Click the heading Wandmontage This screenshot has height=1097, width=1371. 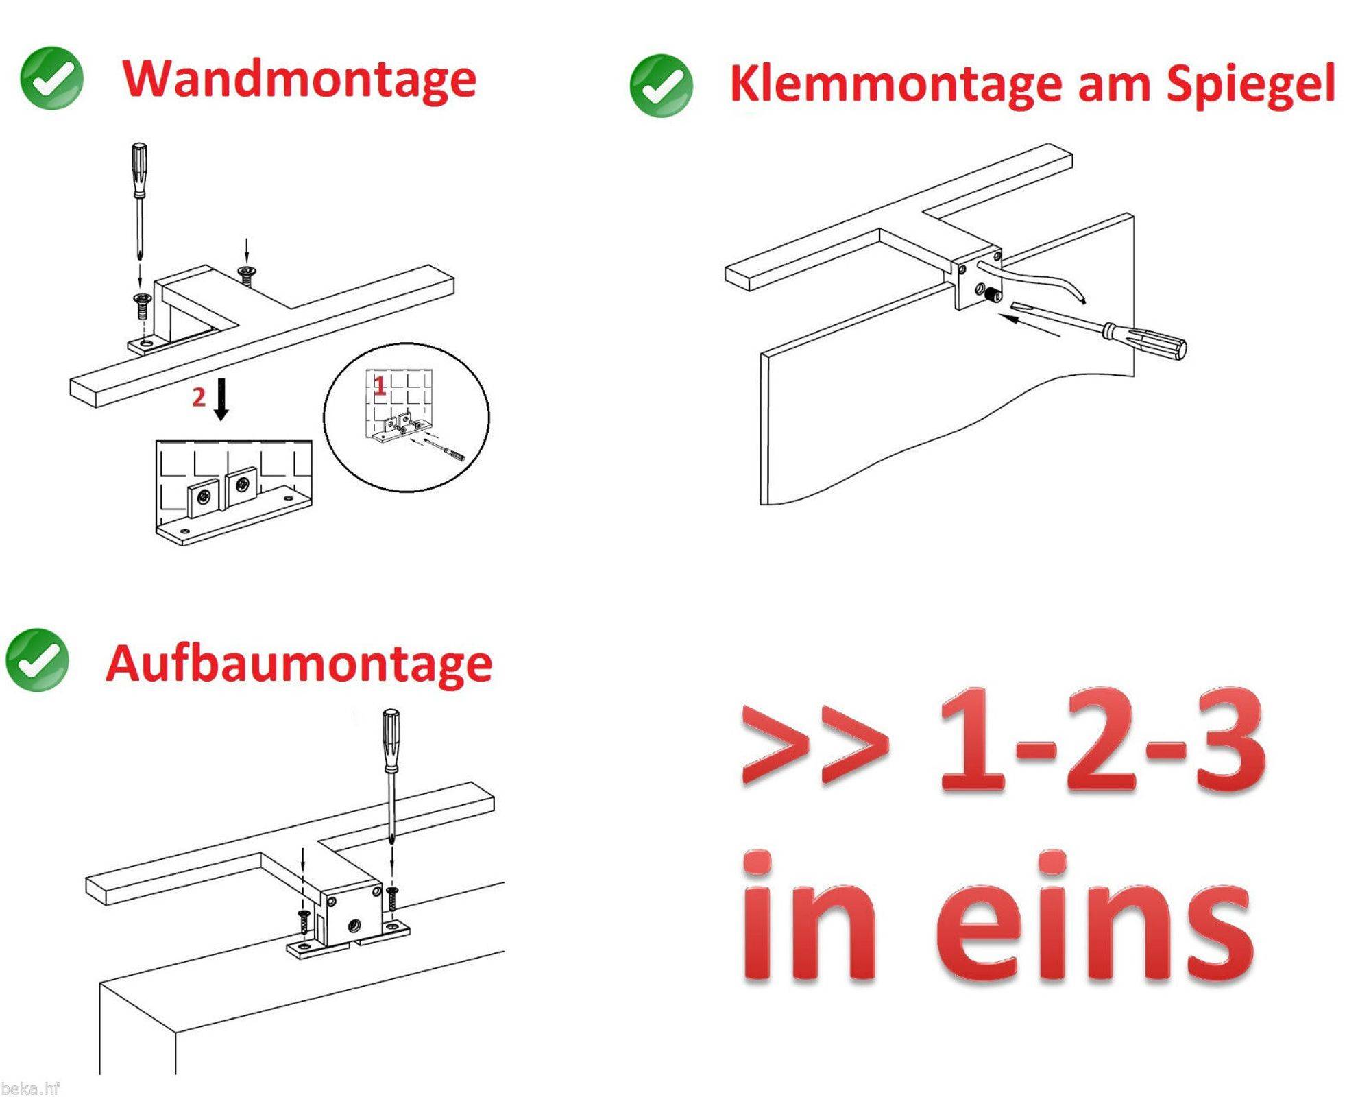(299, 80)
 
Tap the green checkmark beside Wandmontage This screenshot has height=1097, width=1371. (51, 78)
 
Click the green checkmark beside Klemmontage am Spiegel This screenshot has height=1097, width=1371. (661, 86)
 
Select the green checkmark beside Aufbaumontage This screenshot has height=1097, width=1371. (37, 660)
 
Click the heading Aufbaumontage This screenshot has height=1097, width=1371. (299, 664)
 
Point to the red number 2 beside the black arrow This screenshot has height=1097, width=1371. (199, 397)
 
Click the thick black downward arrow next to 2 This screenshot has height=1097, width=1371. (221, 399)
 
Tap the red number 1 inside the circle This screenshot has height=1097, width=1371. (379, 386)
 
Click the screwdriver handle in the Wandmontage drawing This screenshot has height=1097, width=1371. (139, 168)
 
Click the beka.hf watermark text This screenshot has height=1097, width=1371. (30, 1088)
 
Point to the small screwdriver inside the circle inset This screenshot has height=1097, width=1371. (446, 451)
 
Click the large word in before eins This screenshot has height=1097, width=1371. (809, 919)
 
